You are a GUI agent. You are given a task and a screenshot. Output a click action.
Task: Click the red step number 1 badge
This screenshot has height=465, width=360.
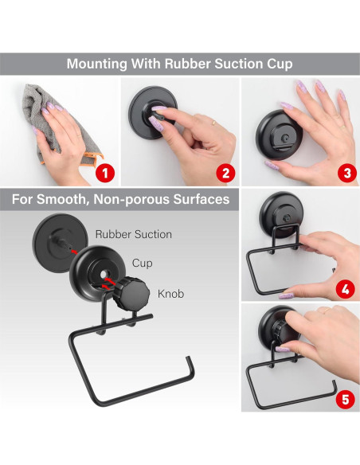click(x=105, y=174)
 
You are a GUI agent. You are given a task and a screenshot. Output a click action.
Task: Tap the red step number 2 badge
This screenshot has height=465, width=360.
click(x=225, y=174)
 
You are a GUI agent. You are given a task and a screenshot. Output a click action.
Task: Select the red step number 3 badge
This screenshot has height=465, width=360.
click(x=347, y=174)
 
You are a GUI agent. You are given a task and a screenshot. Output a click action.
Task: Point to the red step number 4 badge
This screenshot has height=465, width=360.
click(x=346, y=289)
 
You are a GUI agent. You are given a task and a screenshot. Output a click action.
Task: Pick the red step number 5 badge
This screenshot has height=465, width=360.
click(x=346, y=400)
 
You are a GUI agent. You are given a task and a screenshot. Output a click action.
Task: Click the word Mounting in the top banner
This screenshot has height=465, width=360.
click(x=97, y=64)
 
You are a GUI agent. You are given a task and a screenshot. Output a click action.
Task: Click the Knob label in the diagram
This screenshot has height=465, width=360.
click(x=170, y=294)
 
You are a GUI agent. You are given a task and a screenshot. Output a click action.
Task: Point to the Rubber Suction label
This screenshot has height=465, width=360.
click(x=134, y=234)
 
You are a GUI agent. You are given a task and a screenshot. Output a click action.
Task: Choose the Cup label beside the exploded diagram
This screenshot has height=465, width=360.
click(x=143, y=263)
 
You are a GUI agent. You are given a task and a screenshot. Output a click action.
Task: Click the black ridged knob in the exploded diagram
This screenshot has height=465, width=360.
click(x=131, y=293)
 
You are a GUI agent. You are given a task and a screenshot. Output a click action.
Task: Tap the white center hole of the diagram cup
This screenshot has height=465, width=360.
click(x=104, y=275)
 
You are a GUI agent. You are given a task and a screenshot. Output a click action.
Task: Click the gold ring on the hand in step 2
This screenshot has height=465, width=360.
click(x=213, y=122)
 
